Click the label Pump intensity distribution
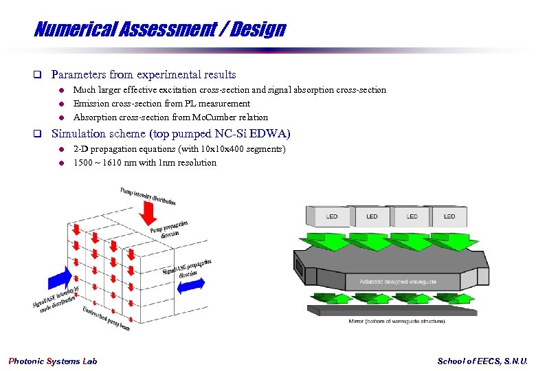148,196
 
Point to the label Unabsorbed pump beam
107,319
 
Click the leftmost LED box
332,216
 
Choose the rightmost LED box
449,216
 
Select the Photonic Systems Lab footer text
53,361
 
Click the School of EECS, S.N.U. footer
482,361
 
